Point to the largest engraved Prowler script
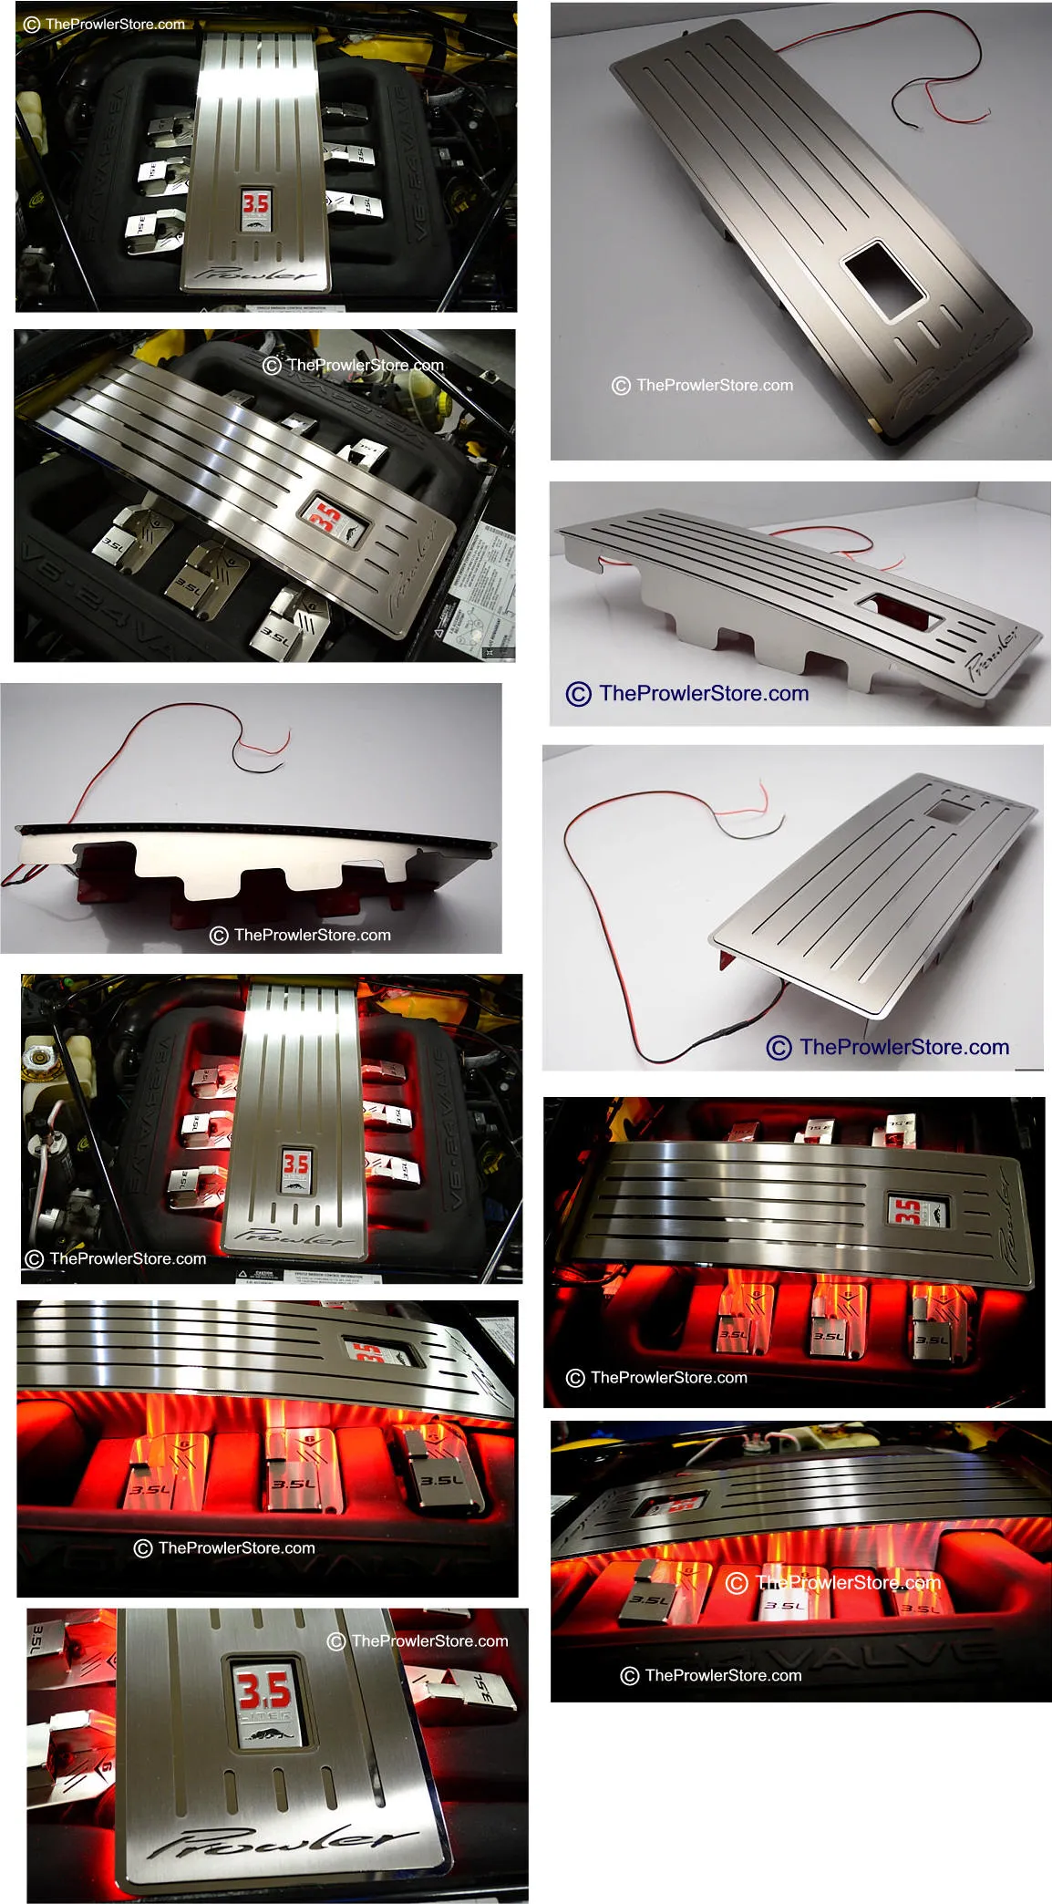(x=283, y=1842)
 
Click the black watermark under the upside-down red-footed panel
(x=301, y=935)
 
